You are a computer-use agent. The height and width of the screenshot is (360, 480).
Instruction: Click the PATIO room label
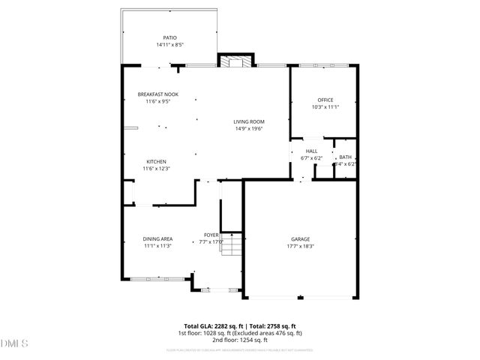170,37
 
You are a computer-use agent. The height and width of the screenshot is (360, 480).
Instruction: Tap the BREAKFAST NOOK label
157,94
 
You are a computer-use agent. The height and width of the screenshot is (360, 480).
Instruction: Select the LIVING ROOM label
248,121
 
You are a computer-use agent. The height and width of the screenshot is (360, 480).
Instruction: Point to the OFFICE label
325,100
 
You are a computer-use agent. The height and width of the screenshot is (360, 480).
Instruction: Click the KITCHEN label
156,162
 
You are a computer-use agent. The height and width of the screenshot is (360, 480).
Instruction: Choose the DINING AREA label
157,239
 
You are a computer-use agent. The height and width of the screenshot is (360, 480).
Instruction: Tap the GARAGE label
300,239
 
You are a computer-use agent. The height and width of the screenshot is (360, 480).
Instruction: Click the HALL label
311,151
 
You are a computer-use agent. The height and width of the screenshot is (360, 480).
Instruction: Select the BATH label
345,157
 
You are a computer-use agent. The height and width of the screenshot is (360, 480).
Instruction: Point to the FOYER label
211,235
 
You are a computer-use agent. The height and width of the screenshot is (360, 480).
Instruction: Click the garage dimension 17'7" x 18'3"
300,246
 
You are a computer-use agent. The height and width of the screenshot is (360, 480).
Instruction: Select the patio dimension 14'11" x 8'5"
170,45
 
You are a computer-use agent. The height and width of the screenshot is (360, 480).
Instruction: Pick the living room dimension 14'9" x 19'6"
248,128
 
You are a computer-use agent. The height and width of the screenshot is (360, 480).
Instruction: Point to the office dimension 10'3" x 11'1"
325,106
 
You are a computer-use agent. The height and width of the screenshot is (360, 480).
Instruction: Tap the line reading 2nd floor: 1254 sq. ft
240,340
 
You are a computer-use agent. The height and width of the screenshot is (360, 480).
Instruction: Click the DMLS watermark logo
14,343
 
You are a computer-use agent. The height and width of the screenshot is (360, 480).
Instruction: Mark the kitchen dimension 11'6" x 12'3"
156,169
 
